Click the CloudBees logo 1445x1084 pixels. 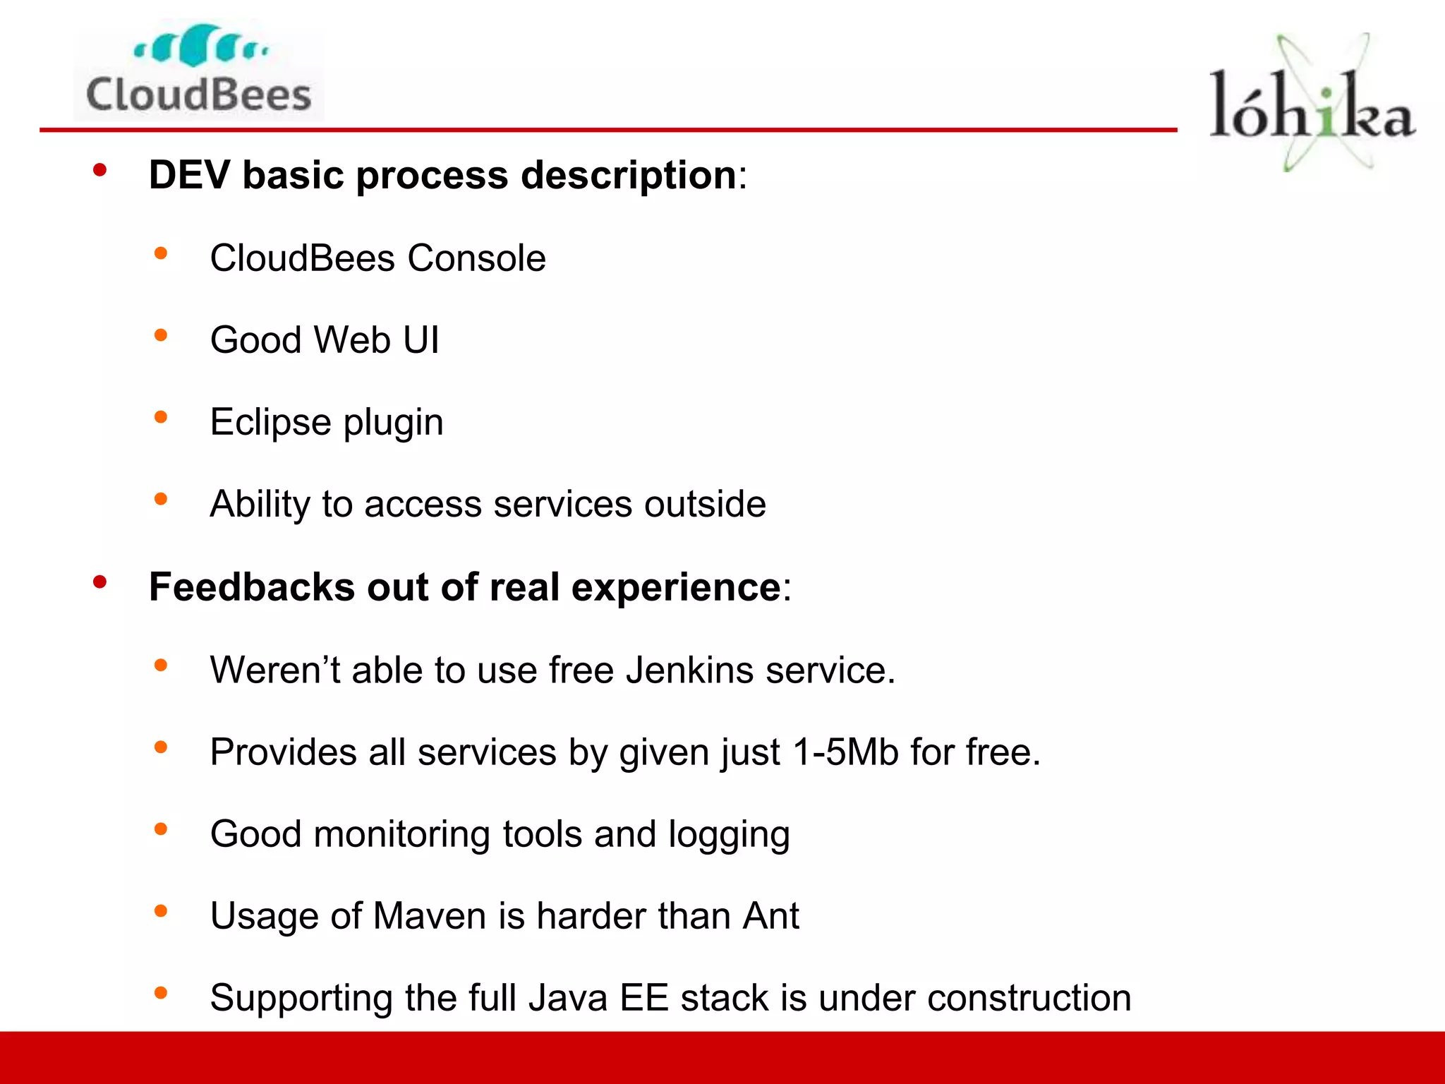coord(198,71)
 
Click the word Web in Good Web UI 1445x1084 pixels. coord(352,340)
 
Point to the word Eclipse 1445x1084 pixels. coord(270,422)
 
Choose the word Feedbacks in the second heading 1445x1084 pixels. coord(251,587)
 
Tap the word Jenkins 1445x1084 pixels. coord(689,670)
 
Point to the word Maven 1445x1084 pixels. coord(430,916)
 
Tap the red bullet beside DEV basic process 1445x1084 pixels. coord(99,170)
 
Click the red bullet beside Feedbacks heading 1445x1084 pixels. coord(99,582)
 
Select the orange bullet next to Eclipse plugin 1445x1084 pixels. coord(161,417)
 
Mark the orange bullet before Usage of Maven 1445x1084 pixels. coord(161,911)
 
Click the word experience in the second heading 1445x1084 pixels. coord(675,587)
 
